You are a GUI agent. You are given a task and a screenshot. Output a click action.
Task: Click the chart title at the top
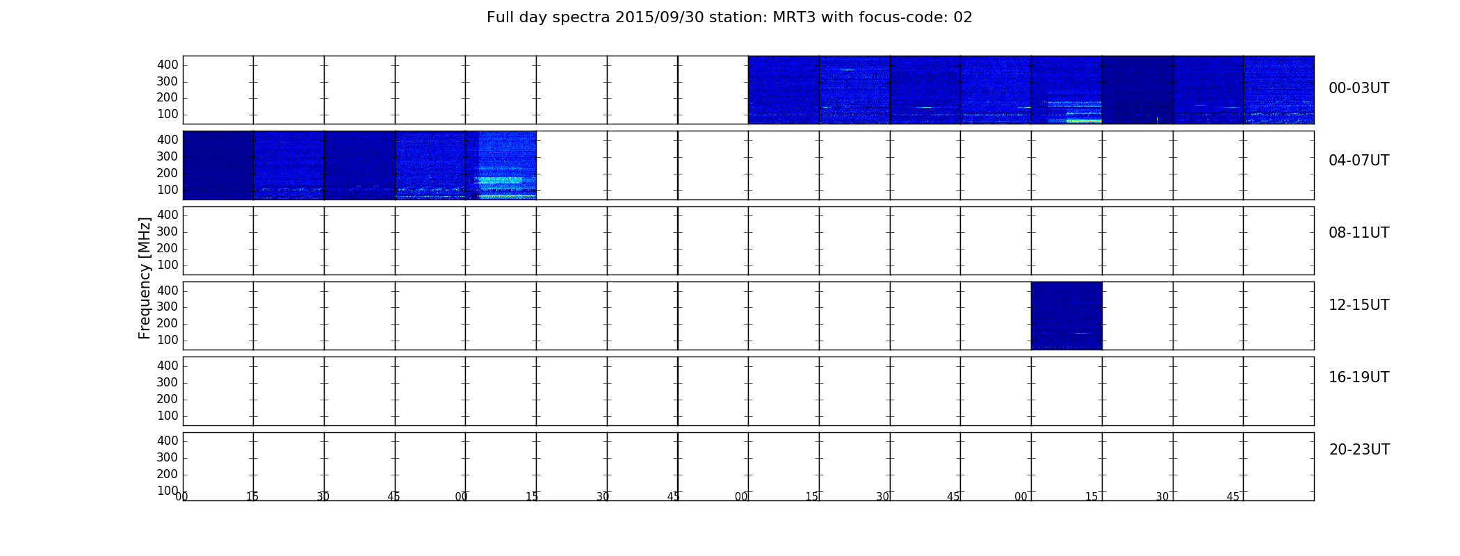(729, 17)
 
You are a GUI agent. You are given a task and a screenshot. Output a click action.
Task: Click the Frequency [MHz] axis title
(145, 278)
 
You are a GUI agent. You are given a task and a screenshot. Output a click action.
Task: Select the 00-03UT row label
(1358, 88)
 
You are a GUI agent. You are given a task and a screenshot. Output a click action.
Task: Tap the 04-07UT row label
(1358, 161)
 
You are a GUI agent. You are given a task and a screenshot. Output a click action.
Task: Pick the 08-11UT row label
(1358, 233)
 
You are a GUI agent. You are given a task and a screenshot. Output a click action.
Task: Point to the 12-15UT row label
(1358, 305)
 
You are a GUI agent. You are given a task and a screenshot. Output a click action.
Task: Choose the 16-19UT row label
(1358, 377)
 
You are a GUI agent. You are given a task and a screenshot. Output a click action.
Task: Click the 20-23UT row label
(1359, 450)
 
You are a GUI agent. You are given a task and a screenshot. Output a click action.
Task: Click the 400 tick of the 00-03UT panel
(168, 65)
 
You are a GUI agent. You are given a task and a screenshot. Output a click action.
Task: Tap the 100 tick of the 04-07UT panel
(168, 190)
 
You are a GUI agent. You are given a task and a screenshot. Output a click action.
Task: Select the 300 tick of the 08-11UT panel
(168, 231)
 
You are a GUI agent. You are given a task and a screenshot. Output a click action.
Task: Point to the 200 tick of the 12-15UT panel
(168, 323)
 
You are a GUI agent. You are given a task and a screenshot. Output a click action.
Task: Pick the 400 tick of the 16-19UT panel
(168, 366)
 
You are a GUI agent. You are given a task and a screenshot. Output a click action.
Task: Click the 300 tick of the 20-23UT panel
(168, 457)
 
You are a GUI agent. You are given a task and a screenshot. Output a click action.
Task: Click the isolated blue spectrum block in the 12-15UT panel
(1066, 316)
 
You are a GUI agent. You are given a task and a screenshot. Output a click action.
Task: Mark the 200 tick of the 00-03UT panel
(168, 97)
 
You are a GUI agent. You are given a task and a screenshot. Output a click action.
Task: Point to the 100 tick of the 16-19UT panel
(168, 416)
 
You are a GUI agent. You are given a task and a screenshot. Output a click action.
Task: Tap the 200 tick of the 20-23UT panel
(168, 474)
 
